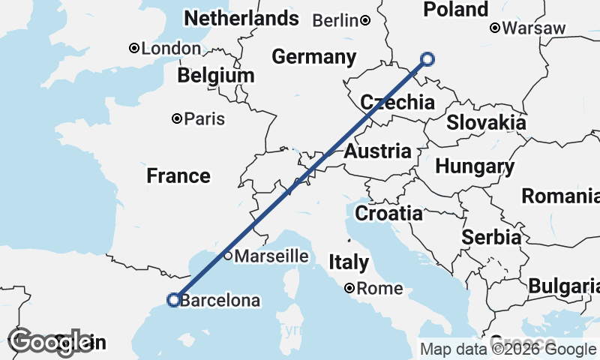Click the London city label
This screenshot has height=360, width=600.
click(171, 49)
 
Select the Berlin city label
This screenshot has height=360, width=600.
click(335, 21)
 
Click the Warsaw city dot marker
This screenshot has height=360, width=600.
click(495, 28)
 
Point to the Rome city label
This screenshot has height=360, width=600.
click(379, 289)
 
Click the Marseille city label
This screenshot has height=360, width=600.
click(271, 256)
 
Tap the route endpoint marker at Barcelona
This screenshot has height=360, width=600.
click(173, 300)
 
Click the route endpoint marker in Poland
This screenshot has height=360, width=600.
click(427, 58)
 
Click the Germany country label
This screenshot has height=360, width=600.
click(313, 57)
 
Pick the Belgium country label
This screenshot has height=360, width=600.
click(216, 76)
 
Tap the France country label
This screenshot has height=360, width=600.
click(178, 176)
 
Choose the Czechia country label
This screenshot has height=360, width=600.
click(397, 103)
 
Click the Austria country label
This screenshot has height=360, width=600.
click(378, 151)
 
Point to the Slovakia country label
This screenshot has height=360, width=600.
click(486, 123)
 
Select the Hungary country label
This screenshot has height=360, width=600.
click(475, 166)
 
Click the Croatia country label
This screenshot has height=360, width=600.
click(388, 214)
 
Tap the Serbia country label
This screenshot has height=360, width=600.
click(491, 238)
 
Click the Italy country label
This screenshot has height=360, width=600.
click(349, 262)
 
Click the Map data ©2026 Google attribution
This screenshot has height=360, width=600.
click(508, 349)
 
